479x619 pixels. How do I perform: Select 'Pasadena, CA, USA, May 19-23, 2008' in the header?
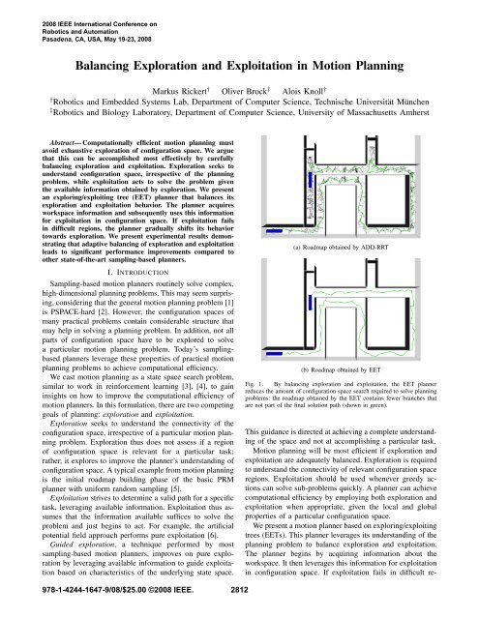69,29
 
